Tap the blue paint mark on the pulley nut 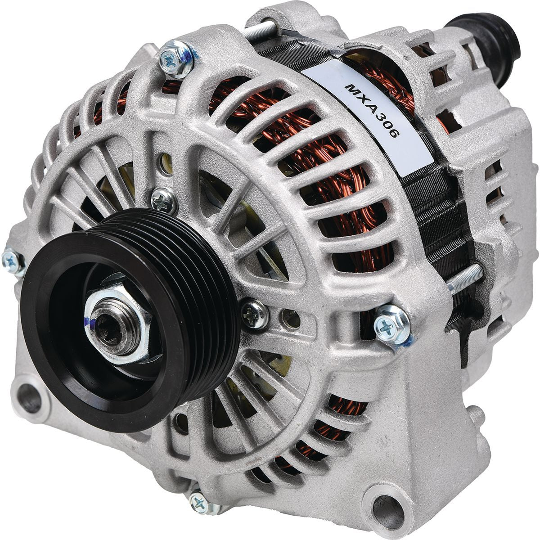(88, 322)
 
